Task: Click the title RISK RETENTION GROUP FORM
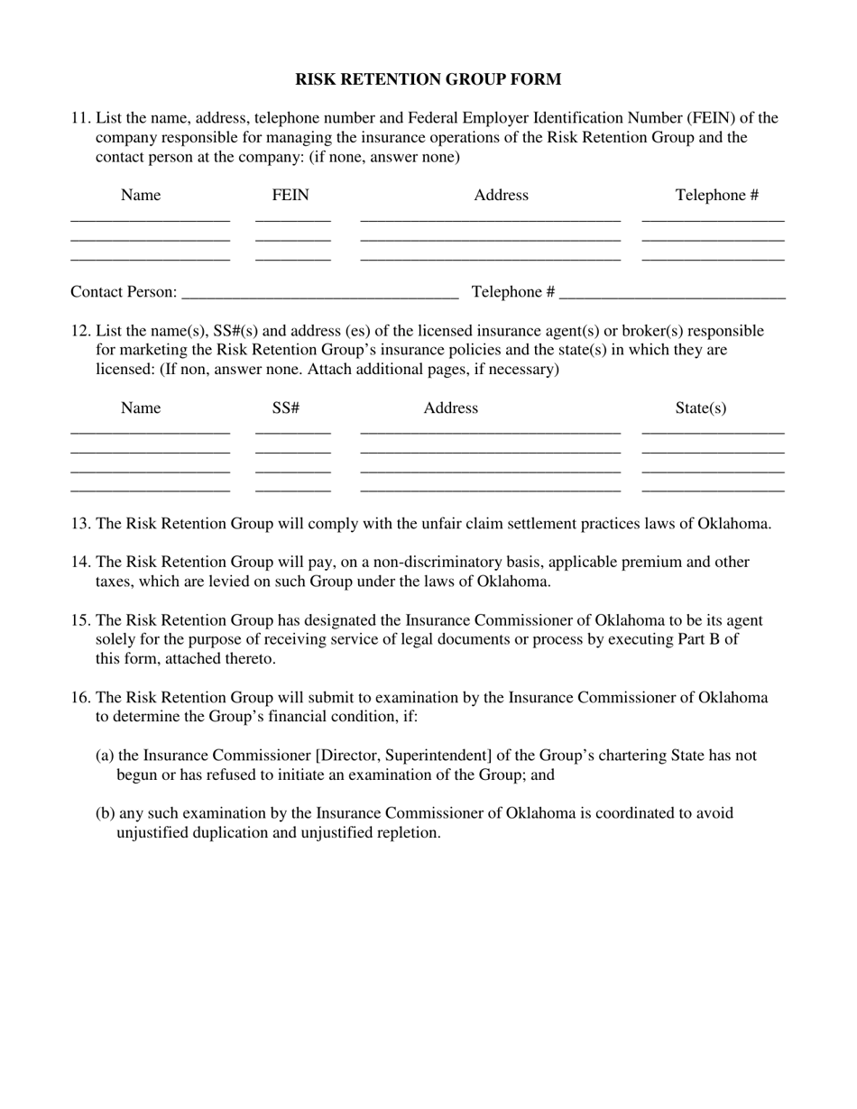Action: coord(428,79)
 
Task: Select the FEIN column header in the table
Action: coord(290,195)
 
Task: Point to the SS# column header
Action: coord(285,408)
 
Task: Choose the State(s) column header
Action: coord(700,408)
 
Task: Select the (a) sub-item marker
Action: coord(105,755)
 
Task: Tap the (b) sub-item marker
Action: coord(105,812)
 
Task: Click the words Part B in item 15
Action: coord(709,639)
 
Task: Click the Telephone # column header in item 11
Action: coord(716,195)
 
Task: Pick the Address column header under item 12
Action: coord(450,408)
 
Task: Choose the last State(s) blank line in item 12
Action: coord(713,490)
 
